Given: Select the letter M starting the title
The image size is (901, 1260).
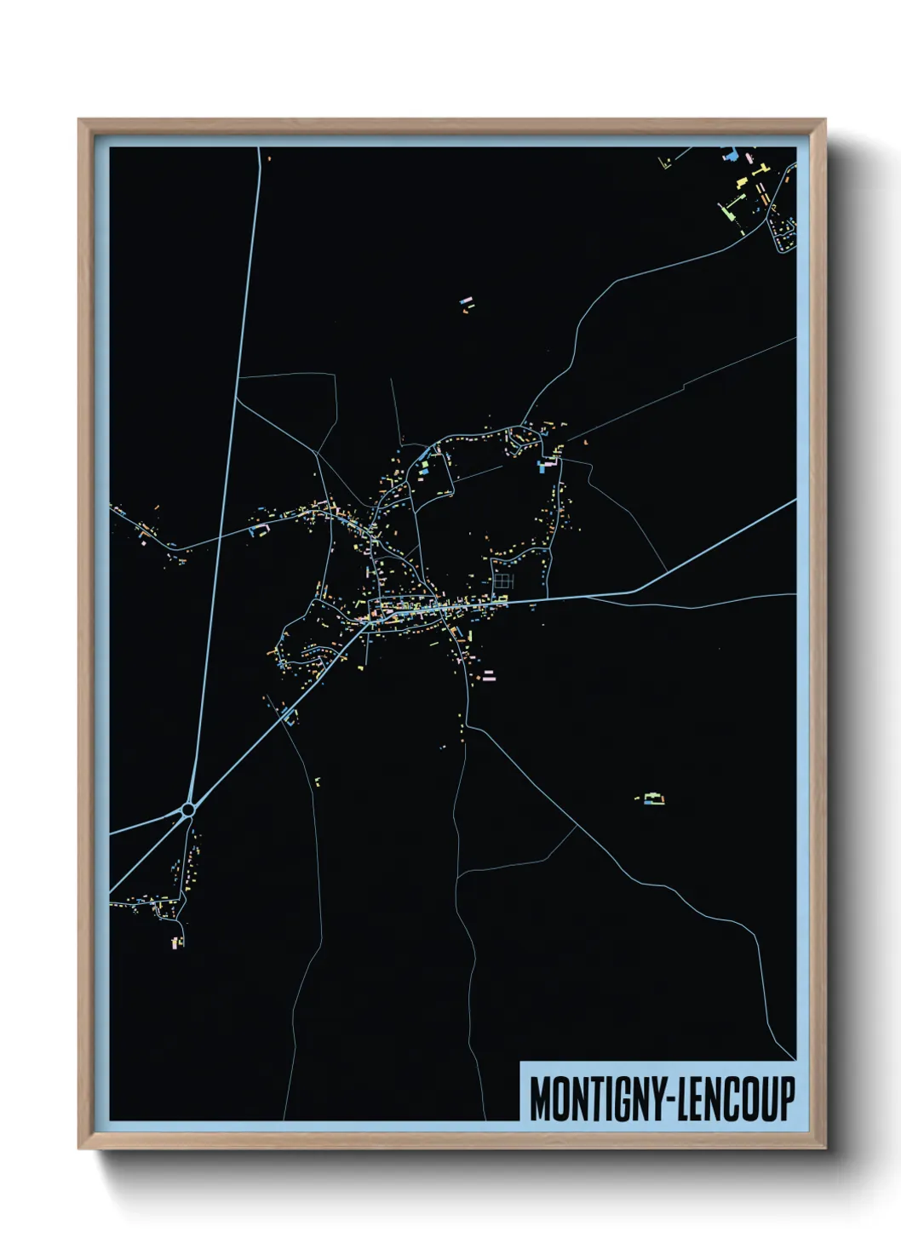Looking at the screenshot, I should [539, 1099].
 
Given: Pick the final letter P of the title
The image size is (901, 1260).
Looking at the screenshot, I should [787, 1099].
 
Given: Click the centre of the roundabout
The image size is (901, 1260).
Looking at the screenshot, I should [188, 810].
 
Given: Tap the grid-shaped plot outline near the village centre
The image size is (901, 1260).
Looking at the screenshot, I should [505, 581].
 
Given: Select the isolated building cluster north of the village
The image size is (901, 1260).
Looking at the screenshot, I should [465, 304].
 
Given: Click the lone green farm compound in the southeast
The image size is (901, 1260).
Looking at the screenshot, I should [652, 799].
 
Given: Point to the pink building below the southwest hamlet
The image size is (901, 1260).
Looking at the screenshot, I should [177, 942].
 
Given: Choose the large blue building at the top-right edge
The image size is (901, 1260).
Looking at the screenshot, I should [728, 155].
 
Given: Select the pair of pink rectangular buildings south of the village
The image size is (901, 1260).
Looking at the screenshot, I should [488, 676].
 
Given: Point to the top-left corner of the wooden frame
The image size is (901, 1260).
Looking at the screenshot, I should [79, 120].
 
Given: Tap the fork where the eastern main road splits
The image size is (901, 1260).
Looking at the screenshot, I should [635, 591].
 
